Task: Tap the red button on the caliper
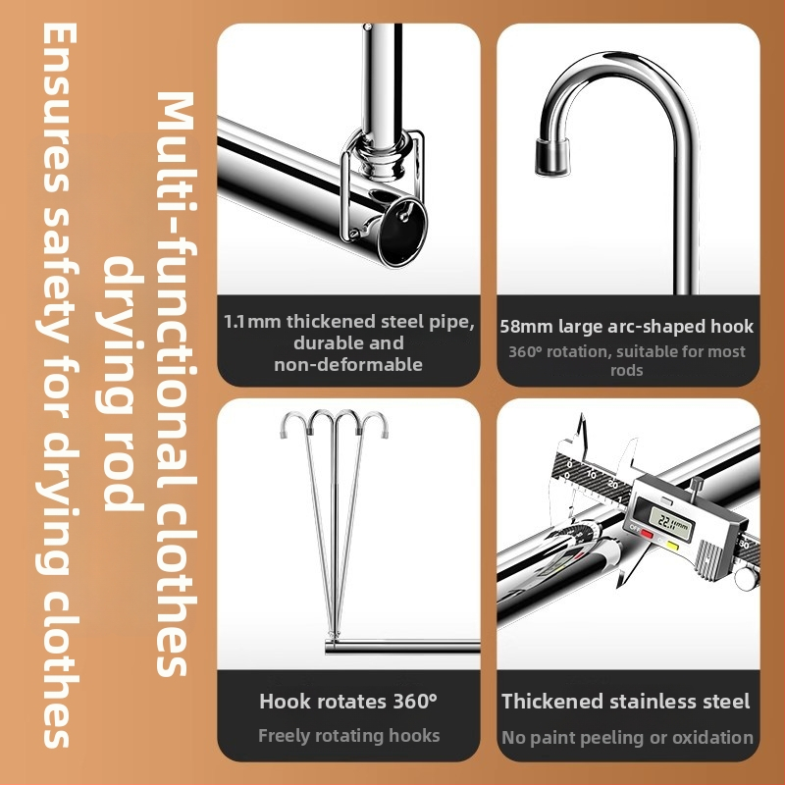pos(647,534)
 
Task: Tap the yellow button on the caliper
pos(673,546)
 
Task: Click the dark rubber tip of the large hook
pos(552,157)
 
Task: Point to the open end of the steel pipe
pos(402,232)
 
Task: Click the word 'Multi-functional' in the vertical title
pos(176,235)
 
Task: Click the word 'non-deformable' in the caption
pos(348,364)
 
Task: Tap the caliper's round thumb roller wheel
pos(747,578)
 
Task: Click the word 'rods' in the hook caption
pos(627,371)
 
